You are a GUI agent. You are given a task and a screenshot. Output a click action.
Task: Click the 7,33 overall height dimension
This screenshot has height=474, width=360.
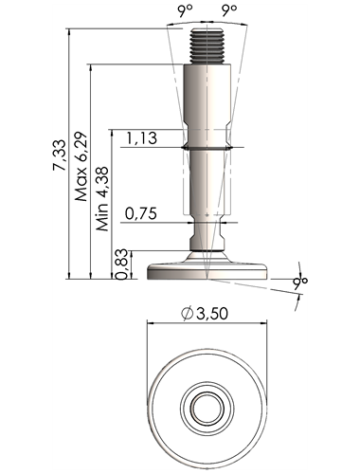[x=60, y=155]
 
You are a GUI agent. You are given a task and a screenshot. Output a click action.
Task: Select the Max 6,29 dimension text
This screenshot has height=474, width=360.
[x=81, y=166]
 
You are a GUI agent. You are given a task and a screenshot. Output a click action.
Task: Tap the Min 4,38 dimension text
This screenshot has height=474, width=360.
[x=102, y=198]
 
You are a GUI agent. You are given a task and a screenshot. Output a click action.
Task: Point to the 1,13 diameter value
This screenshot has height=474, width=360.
[x=142, y=138]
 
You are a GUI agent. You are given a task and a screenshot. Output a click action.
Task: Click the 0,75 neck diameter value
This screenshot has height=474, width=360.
[x=141, y=214]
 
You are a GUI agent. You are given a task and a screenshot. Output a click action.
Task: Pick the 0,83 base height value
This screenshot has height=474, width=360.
[x=121, y=264]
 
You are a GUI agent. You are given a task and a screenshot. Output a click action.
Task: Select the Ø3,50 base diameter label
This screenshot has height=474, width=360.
[x=205, y=314]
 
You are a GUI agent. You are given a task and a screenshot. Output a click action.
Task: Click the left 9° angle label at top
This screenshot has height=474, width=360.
[x=185, y=11]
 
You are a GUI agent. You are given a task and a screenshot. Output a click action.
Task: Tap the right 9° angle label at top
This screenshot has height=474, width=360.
[x=229, y=11]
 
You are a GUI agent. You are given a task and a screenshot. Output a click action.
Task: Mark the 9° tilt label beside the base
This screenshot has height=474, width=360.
[x=299, y=283]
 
